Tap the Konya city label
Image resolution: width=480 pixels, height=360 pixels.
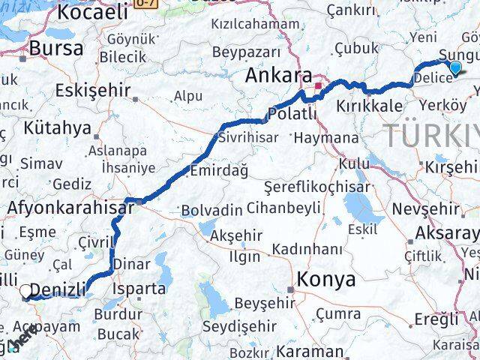[326, 280]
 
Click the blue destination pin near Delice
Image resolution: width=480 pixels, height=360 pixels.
[455, 69]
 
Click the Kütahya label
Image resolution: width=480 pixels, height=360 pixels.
[56, 127]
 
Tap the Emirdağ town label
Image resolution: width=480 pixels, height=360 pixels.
[219, 171]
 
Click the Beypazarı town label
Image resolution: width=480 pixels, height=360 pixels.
[246, 52]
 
